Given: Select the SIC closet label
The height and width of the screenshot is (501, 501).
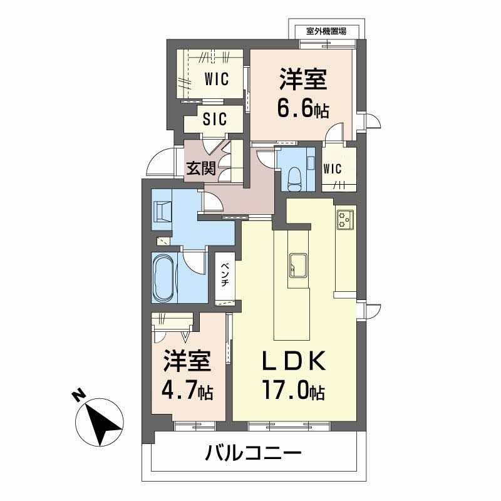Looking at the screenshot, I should tap(215, 119).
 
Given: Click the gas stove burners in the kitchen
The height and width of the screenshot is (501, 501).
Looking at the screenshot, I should tap(345, 218).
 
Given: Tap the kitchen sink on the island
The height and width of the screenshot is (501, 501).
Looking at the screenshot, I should tap(297, 264).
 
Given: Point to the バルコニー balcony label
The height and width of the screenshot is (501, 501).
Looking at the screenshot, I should tap(254, 453).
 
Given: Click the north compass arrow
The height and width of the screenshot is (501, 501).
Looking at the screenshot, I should tap(102, 424).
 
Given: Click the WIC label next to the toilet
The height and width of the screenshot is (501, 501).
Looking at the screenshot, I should tap(333, 168).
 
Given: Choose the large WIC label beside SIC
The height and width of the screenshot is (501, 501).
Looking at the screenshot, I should tap(215, 79).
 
